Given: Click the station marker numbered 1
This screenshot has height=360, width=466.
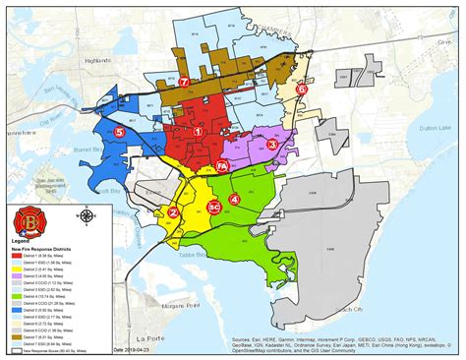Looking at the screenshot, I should click(x=198, y=130).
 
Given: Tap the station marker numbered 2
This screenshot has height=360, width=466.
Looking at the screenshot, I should click(x=173, y=211).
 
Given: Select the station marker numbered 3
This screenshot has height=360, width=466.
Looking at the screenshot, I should click(x=271, y=144).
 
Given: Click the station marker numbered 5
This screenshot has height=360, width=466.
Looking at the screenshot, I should click(x=119, y=131).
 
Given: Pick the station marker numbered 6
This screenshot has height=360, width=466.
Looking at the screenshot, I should click(x=302, y=88).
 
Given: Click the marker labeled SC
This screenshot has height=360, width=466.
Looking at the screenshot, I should click(x=212, y=209).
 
